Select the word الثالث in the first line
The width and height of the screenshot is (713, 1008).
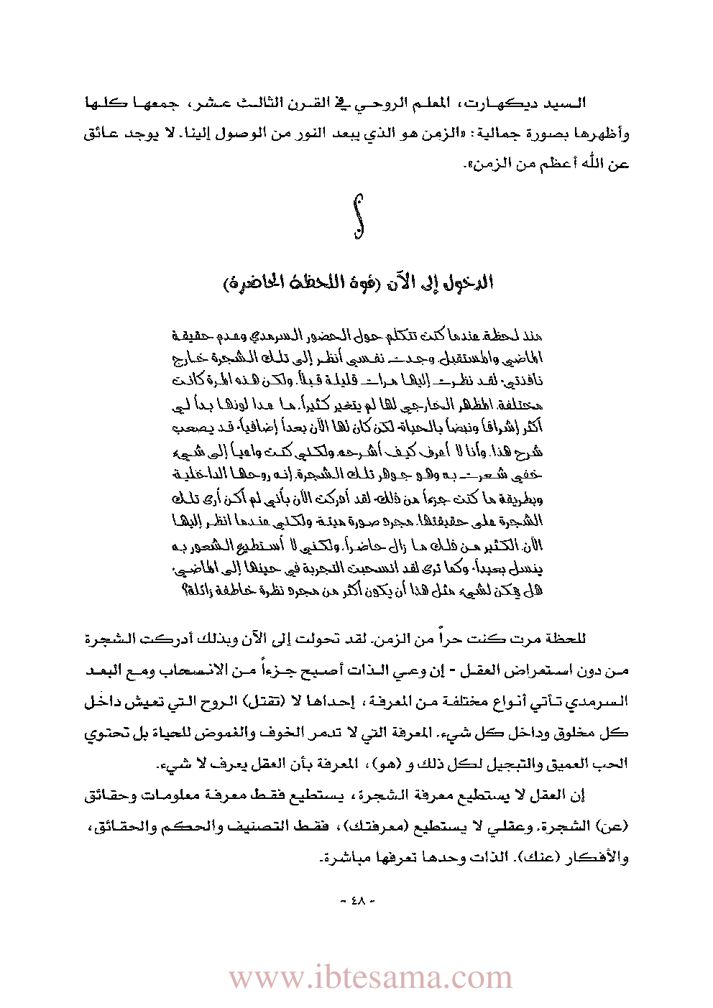pos(263,104)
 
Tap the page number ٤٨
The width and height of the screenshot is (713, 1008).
pos(357,900)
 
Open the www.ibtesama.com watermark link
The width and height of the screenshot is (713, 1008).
pos(370,978)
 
